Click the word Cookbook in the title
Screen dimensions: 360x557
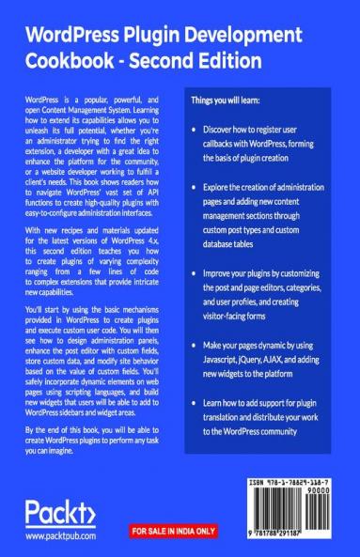click(x=72, y=61)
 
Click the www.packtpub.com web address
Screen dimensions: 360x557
click(x=64, y=537)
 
